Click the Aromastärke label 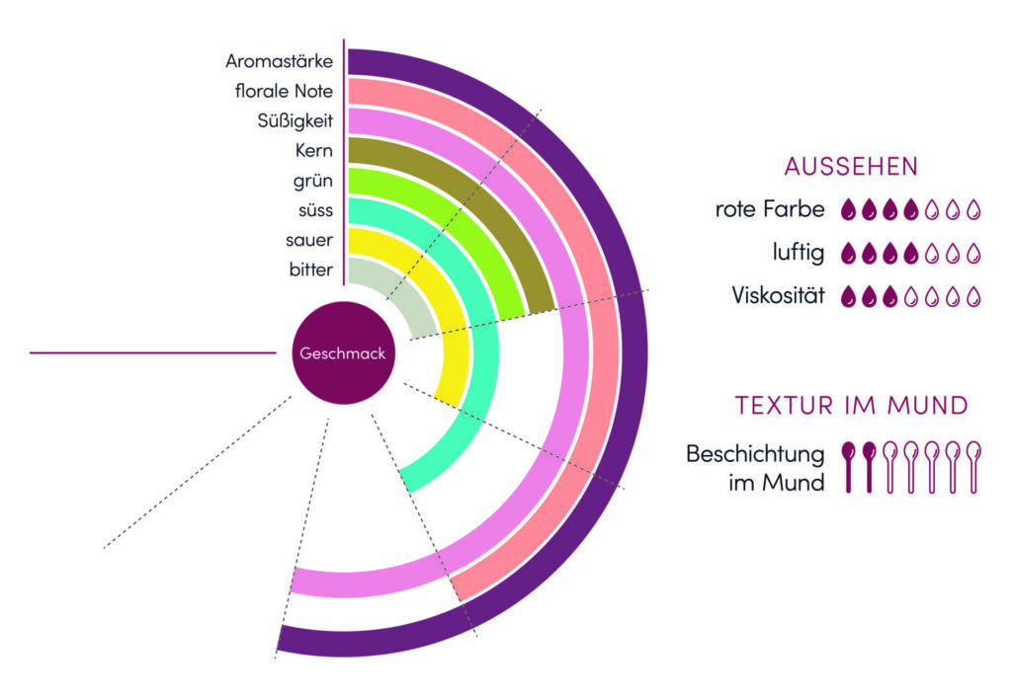pyautogui.click(x=279, y=61)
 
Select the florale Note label pyautogui.click(x=284, y=92)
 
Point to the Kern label pyautogui.click(x=314, y=151)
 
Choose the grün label pyautogui.click(x=313, y=181)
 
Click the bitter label pyautogui.click(x=310, y=270)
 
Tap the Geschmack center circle pyautogui.click(x=342, y=353)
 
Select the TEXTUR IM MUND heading pyautogui.click(x=851, y=405)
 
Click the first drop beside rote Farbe pyautogui.click(x=848, y=210)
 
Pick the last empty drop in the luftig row pyautogui.click(x=973, y=253)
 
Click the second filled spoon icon pyautogui.click(x=869, y=465)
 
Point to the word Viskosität pyautogui.click(x=779, y=295)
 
